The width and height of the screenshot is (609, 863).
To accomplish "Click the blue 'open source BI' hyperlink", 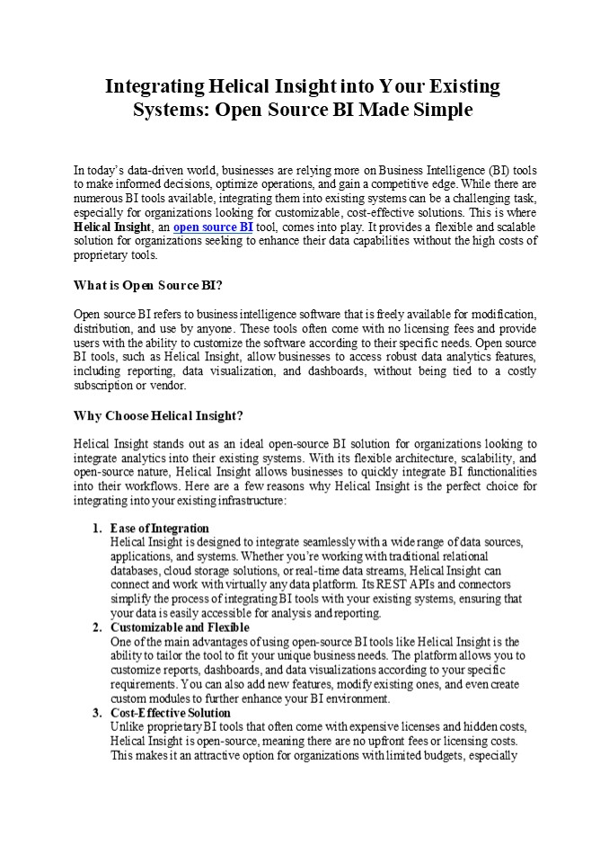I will pos(213,227).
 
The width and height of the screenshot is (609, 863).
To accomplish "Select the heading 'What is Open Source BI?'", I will pos(146,285).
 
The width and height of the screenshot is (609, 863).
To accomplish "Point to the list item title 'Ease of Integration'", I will pos(160,528).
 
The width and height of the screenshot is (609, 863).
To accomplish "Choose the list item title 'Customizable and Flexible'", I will pos(180,627).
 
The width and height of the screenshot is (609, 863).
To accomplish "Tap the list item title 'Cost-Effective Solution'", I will pos(171,713).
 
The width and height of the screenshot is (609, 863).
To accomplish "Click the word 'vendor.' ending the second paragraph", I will pos(166,386).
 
